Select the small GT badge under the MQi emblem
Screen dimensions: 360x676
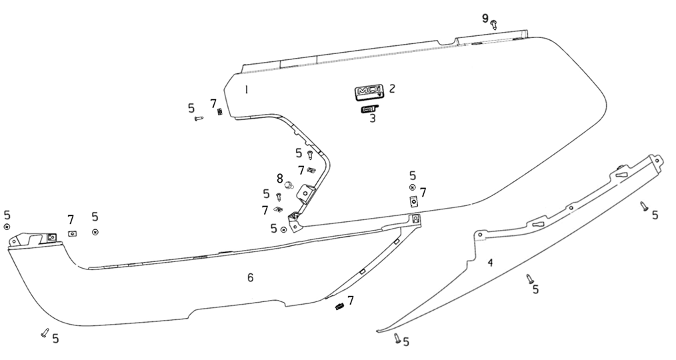coord(369,109)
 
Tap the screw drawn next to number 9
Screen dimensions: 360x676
coord(494,25)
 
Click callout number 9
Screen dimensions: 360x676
coord(485,18)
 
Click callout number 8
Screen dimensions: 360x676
coord(280,178)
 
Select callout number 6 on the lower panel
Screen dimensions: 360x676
coord(251,277)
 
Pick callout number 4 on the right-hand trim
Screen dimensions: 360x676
coord(490,263)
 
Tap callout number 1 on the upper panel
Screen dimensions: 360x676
coord(246,89)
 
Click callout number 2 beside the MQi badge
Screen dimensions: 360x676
coord(392,88)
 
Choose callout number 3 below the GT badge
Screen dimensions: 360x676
coord(373,119)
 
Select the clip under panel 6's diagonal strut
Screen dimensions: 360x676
coord(339,306)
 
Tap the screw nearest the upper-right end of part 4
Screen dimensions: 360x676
coord(644,207)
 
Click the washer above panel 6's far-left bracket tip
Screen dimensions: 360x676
coord(7,227)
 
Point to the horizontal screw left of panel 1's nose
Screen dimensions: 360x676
coord(198,119)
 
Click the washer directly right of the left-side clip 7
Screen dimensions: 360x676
coord(95,231)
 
